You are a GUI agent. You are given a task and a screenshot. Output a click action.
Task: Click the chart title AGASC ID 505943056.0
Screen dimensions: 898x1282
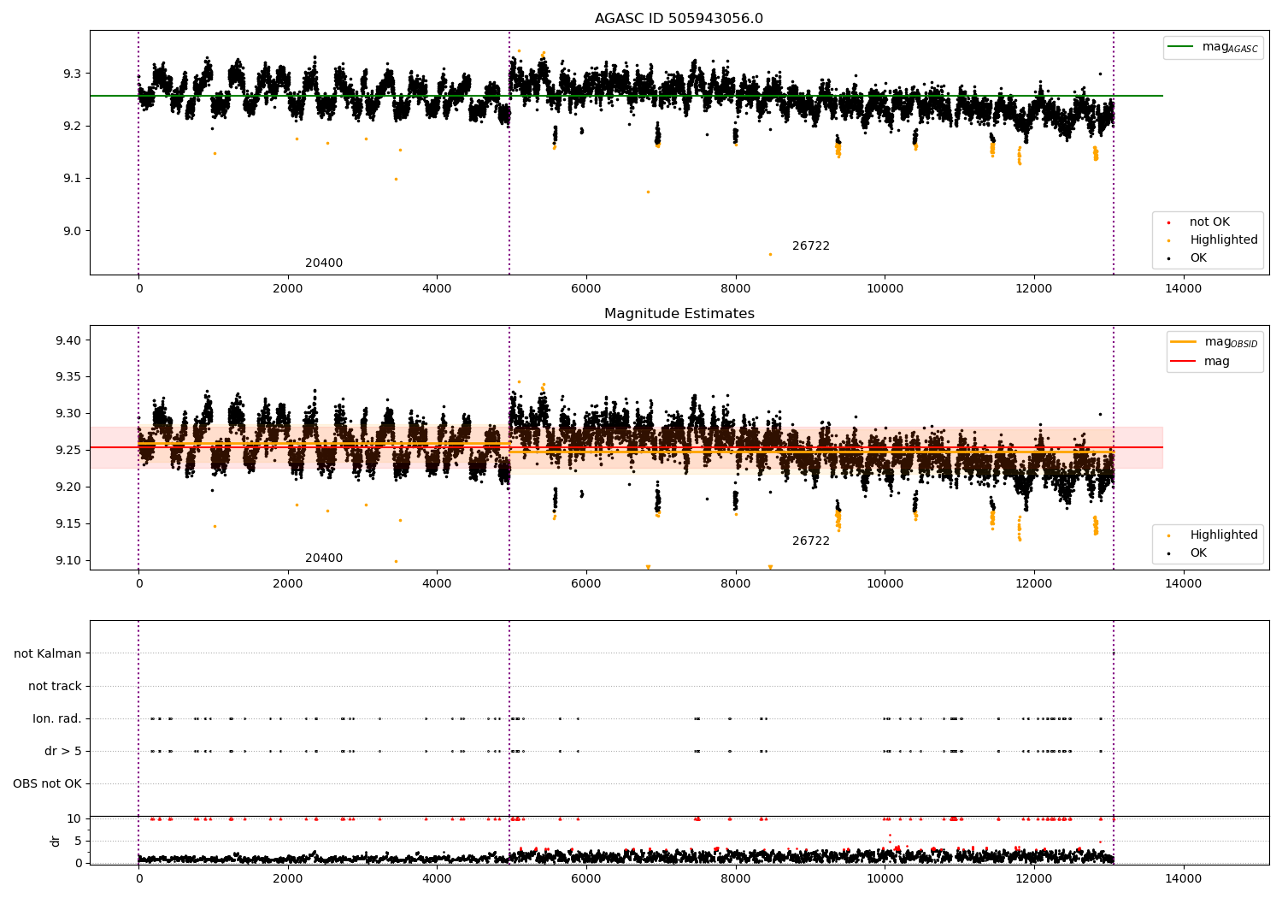(679, 19)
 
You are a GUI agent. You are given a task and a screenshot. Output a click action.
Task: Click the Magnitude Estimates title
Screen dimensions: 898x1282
(679, 314)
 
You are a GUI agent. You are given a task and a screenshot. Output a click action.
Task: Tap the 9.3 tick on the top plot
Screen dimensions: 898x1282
(71, 74)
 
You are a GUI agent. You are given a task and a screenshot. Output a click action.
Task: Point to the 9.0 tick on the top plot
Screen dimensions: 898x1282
(71, 231)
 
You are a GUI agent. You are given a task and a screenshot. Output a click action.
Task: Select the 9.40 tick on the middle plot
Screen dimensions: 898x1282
(68, 340)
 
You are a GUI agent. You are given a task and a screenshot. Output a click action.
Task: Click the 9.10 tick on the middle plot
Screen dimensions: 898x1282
(68, 560)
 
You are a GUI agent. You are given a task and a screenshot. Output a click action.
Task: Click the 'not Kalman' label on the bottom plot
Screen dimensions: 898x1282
(48, 653)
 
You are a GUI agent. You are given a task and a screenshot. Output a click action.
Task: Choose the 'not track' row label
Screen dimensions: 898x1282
(55, 686)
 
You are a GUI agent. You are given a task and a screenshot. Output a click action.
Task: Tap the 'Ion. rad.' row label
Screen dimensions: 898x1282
(57, 718)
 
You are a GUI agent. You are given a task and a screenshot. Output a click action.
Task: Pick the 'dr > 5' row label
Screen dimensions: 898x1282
(63, 751)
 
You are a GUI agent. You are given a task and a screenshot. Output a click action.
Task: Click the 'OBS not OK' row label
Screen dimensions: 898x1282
(47, 783)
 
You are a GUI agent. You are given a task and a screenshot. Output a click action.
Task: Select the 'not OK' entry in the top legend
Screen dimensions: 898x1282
(1209, 222)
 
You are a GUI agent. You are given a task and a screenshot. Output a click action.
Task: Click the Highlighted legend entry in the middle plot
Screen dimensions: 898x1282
(1223, 535)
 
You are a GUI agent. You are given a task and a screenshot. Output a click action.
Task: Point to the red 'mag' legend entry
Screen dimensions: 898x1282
(1216, 361)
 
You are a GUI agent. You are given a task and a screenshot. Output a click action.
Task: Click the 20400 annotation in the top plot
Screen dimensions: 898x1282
(324, 263)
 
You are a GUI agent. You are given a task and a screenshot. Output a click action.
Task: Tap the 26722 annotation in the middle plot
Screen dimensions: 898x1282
(810, 541)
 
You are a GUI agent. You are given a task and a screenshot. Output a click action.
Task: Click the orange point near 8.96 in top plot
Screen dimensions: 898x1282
(770, 254)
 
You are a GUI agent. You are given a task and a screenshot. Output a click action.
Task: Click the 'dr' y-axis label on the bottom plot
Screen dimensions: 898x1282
(56, 841)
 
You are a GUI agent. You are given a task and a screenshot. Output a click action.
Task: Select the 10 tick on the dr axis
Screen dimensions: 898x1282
(74, 818)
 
